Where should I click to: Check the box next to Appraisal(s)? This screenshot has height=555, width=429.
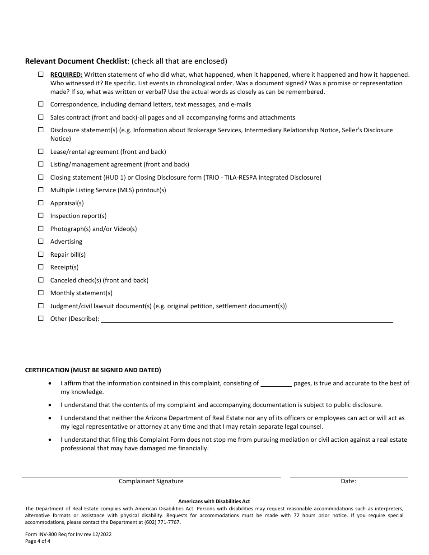(x=41, y=203)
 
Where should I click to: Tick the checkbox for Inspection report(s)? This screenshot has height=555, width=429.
(x=41, y=215)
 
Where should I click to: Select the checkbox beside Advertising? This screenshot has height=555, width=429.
(x=41, y=241)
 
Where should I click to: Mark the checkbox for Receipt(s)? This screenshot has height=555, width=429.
(x=41, y=267)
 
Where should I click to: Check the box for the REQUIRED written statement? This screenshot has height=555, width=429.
(x=41, y=74)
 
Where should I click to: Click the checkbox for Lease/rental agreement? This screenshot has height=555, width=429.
(x=41, y=151)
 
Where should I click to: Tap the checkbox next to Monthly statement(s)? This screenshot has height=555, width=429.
(x=41, y=292)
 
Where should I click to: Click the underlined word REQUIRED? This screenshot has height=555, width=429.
(x=66, y=74)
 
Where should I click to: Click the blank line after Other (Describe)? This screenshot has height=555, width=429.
(x=247, y=319)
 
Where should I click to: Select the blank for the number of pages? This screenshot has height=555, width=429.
(x=276, y=384)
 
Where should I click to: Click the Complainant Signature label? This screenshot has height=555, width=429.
(x=151, y=481)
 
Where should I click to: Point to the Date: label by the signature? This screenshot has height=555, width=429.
(x=348, y=481)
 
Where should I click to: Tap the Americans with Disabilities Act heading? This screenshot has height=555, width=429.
(x=214, y=501)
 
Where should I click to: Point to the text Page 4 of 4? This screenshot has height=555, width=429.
(x=38, y=541)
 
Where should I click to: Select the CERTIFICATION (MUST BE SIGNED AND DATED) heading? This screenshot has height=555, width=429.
(x=93, y=370)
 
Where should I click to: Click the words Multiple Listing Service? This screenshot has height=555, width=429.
(x=83, y=190)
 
